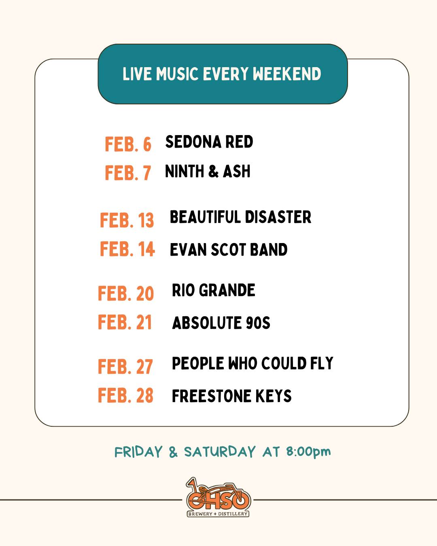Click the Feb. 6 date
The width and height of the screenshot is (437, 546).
(128, 144)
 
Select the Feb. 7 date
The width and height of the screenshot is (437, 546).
(128, 173)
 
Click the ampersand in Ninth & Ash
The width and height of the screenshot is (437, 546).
(213, 171)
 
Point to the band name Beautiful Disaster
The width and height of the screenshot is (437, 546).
(240, 217)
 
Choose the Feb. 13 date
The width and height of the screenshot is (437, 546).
(127, 220)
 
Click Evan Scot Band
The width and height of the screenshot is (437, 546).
(229, 249)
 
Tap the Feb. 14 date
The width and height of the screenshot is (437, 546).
(127, 249)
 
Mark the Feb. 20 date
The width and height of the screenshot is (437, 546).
(126, 293)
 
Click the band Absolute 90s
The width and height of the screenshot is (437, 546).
(221, 322)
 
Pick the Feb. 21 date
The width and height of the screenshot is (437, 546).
(125, 322)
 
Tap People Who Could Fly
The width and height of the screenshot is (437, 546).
(252, 363)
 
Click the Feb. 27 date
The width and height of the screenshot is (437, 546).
(125, 366)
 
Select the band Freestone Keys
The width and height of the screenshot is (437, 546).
(231, 396)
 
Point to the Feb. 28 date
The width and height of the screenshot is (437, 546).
(126, 395)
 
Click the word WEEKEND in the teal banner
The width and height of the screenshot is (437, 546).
(287, 74)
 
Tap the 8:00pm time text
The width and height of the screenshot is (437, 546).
(308, 452)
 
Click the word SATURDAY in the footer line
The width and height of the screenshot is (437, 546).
(220, 452)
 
